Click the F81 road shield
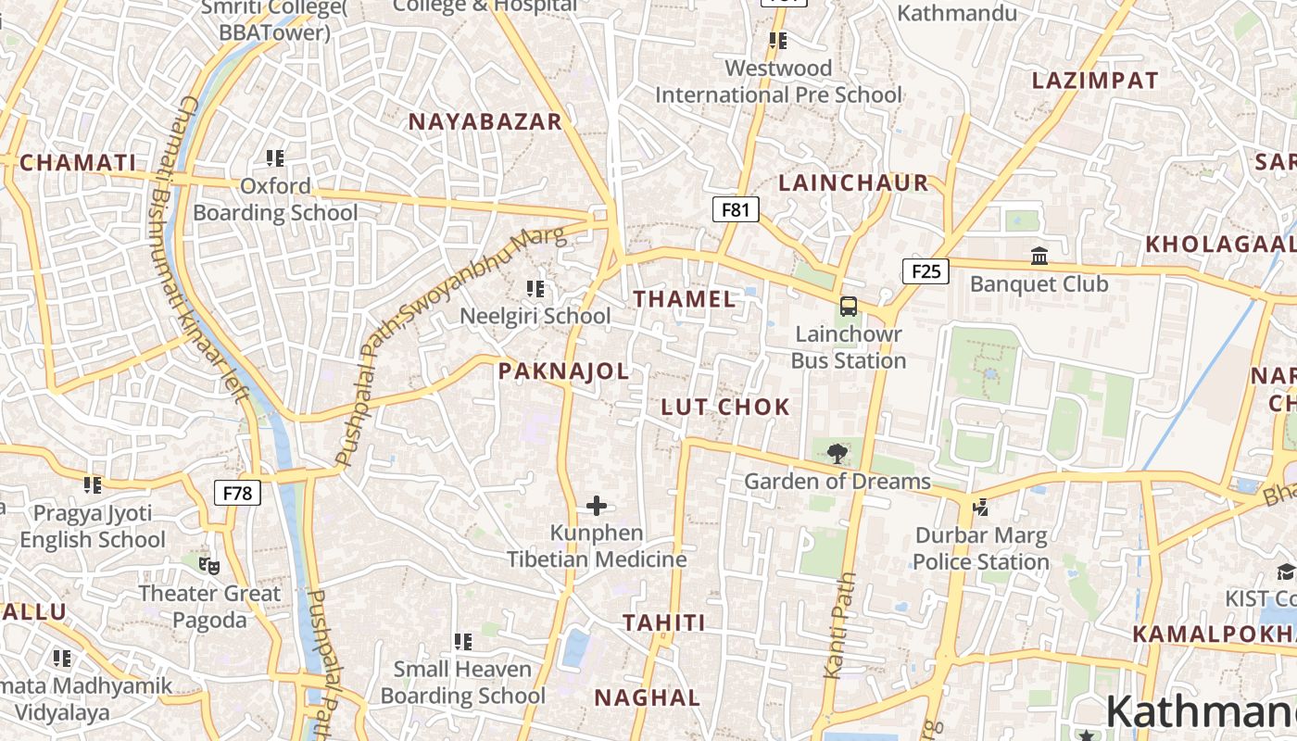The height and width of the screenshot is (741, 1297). click(x=736, y=209)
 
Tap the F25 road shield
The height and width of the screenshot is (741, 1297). click(x=926, y=271)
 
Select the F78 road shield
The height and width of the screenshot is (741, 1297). click(x=237, y=493)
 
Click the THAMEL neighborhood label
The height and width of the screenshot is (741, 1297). click(x=685, y=299)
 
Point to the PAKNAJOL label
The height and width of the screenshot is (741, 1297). click(x=563, y=371)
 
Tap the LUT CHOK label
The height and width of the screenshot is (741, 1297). click(x=725, y=407)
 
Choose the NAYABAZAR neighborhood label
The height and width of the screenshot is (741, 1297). click(x=485, y=121)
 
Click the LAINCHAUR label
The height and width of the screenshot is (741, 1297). click(x=853, y=182)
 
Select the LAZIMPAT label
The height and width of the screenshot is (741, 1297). click(x=1095, y=81)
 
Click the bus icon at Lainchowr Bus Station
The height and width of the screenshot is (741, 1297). click(x=849, y=307)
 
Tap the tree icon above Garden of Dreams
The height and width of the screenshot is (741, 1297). click(x=837, y=453)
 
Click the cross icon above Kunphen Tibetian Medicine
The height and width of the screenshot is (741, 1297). click(x=597, y=506)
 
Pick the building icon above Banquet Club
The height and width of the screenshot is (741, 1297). click(x=1039, y=256)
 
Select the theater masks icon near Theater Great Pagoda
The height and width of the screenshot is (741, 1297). click(x=209, y=564)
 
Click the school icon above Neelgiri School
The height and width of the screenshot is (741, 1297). click(x=535, y=289)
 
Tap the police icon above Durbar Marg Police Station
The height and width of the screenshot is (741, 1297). click(x=980, y=508)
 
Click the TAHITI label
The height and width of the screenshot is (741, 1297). click(x=664, y=622)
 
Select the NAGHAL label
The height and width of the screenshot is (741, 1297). click(x=647, y=697)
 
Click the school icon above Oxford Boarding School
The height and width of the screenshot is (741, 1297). click(x=275, y=158)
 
